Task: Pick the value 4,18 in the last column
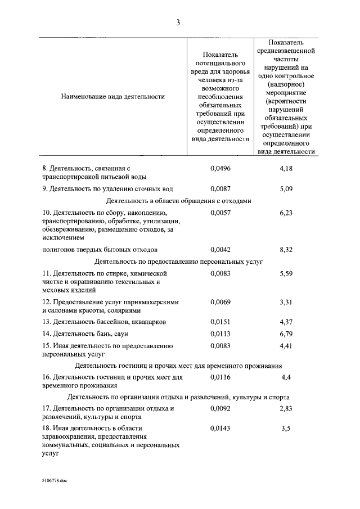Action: click(286, 168)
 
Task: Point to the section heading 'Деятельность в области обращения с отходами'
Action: click(178, 201)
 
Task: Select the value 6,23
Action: click(286, 213)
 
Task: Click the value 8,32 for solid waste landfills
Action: click(286, 249)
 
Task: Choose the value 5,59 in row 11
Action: click(286, 274)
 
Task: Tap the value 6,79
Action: click(286, 334)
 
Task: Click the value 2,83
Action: click(286, 409)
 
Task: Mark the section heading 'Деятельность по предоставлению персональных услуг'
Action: click(178, 262)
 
